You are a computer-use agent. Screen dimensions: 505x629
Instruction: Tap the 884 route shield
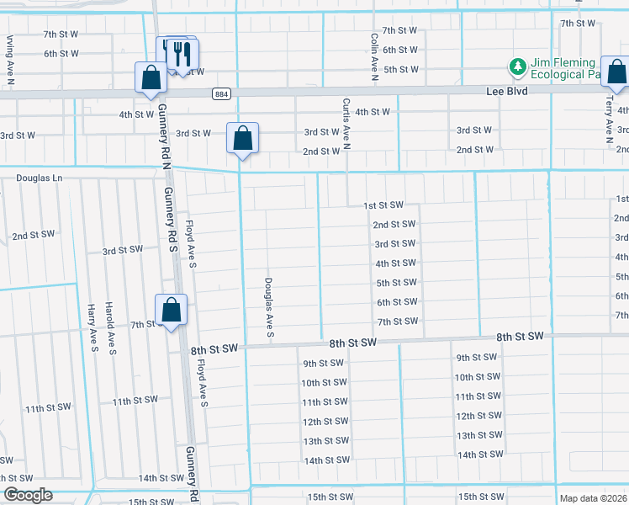pos(220,94)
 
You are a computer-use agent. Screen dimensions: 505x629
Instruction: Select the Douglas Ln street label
pos(40,178)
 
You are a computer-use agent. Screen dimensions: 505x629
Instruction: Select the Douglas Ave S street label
pos(270,308)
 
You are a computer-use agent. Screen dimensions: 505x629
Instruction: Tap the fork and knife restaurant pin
pos(182,54)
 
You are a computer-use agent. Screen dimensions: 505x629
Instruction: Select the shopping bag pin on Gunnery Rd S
pos(171,310)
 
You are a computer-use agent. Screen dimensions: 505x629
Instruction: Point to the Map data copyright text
pos(593,498)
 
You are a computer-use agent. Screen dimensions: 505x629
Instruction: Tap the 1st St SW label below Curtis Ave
pos(383,205)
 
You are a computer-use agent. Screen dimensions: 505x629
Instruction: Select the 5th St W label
pos(400,70)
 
